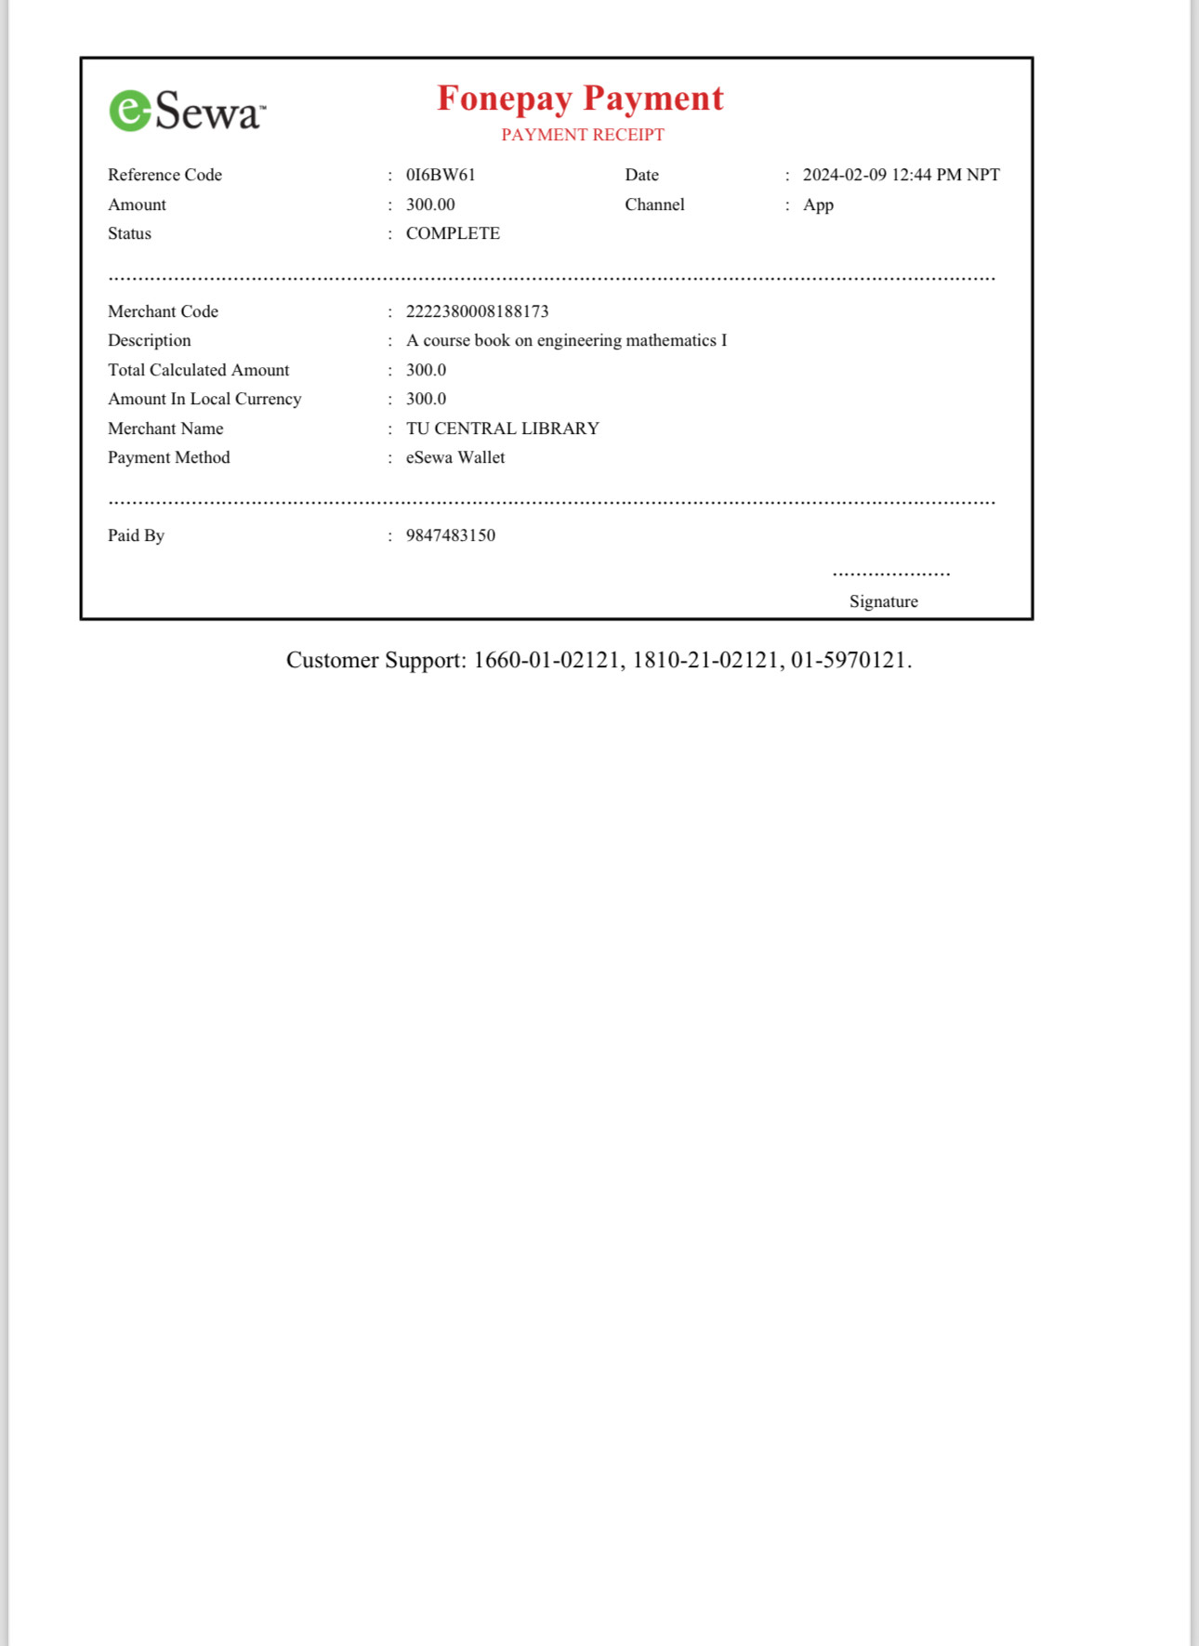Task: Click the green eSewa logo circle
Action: coord(130,111)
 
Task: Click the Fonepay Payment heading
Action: coord(580,98)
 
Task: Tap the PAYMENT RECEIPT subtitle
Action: coord(583,135)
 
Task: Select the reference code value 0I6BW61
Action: coord(441,175)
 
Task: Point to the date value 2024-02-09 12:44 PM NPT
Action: coord(901,175)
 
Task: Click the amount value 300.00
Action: coord(430,204)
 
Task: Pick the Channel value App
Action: coord(818,204)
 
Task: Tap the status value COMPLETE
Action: coord(453,233)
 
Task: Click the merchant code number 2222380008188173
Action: coord(477,311)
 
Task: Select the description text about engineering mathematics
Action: coord(566,340)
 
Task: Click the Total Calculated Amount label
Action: coord(198,370)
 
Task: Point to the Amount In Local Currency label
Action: coord(204,399)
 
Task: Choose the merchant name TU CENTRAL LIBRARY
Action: coord(502,428)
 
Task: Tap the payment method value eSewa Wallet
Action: coord(455,457)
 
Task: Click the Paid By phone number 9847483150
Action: coord(451,535)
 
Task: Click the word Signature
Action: coord(883,601)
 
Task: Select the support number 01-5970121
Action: coord(848,660)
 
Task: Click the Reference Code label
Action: coord(165,175)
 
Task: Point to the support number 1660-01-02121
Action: coord(547,660)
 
